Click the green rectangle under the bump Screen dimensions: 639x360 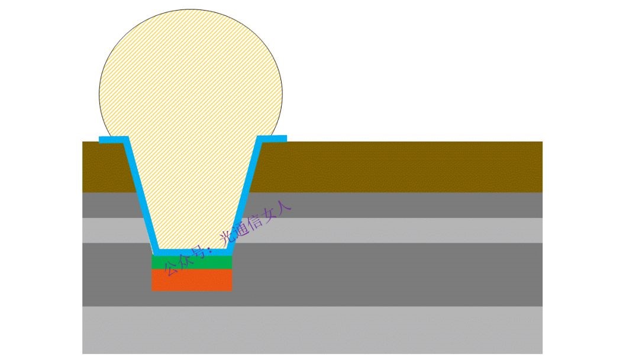[192, 262]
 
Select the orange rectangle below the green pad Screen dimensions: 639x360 [192, 279]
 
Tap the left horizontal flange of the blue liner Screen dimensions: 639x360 [114, 140]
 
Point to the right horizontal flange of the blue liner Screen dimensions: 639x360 [272, 139]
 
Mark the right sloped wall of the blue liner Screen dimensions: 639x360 [244, 194]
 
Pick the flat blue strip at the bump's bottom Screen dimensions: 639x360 [192, 252]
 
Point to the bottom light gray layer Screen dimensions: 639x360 [312, 330]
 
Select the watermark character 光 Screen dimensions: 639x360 [227, 239]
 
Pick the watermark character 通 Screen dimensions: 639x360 [241, 231]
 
